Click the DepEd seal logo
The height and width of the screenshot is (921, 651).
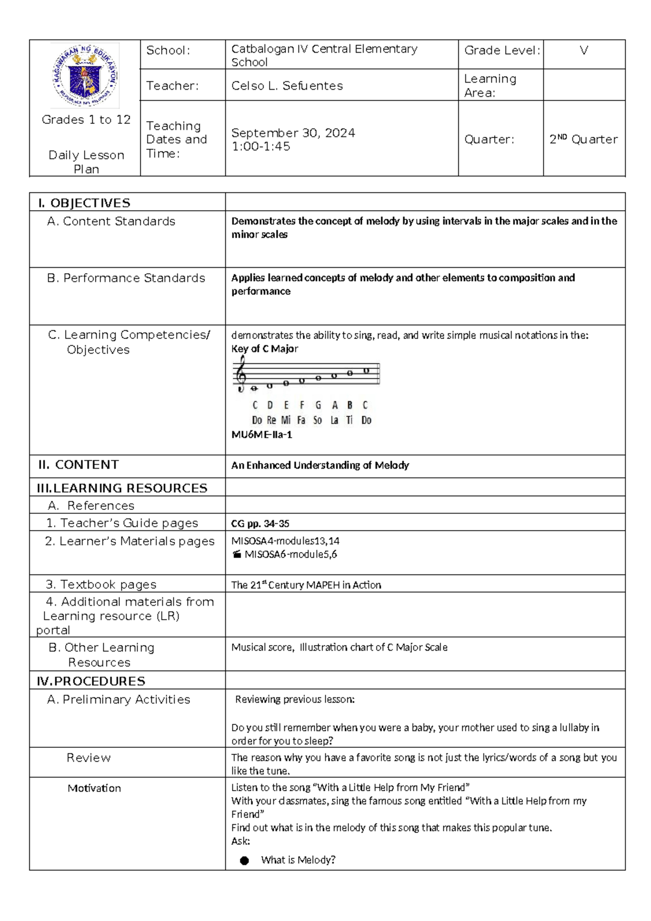(x=85, y=76)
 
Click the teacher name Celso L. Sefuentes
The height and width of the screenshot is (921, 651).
(x=287, y=86)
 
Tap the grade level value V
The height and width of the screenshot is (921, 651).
(x=584, y=51)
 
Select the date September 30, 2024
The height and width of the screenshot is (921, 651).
(x=293, y=133)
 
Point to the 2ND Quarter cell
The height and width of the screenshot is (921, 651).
(x=583, y=140)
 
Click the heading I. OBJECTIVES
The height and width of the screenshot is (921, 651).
(x=84, y=203)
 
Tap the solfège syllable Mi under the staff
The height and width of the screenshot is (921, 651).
(x=286, y=420)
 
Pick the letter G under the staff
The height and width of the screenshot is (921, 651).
(x=318, y=405)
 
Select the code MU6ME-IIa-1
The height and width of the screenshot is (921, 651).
(x=261, y=434)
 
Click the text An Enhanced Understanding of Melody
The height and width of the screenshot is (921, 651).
(x=320, y=465)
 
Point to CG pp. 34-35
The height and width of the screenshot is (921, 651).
(x=260, y=523)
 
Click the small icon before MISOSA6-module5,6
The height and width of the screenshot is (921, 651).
(x=237, y=554)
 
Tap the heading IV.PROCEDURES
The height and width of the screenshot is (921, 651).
(x=91, y=681)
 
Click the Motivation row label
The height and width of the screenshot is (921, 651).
(x=94, y=788)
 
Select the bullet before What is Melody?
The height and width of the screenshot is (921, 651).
(x=245, y=860)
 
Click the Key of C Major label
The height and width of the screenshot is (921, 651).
(x=264, y=349)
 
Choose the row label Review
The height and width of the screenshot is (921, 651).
(x=88, y=758)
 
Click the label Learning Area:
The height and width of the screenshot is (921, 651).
(x=490, y=86)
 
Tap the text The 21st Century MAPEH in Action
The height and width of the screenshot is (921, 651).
(x=306, y=585)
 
